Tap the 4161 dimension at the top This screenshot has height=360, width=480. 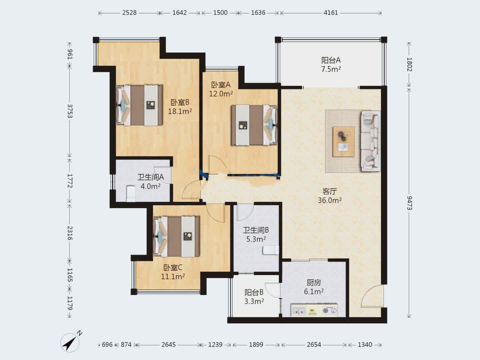coord(331,13)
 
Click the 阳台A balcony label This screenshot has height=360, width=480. coord(331,60)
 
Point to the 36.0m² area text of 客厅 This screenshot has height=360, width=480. coord(330,200)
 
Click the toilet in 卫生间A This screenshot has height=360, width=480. coord(131,193)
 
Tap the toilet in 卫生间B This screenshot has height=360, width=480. coord(271,250)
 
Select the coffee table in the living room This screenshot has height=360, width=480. coord(344,141)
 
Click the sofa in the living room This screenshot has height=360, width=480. coord(370,141)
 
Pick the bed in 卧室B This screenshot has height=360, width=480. coord(139,105)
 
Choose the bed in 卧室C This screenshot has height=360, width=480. coord(176,236)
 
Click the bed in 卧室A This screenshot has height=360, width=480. coord(254,125)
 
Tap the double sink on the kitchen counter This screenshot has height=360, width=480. coord(299,310)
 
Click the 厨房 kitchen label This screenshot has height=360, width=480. coord(314,283)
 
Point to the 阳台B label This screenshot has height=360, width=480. coord(254,292)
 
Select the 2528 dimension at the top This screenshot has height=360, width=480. coord(129,13)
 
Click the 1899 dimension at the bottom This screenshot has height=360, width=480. coord(256,345)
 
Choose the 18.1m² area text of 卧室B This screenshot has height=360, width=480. coord(180,111)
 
